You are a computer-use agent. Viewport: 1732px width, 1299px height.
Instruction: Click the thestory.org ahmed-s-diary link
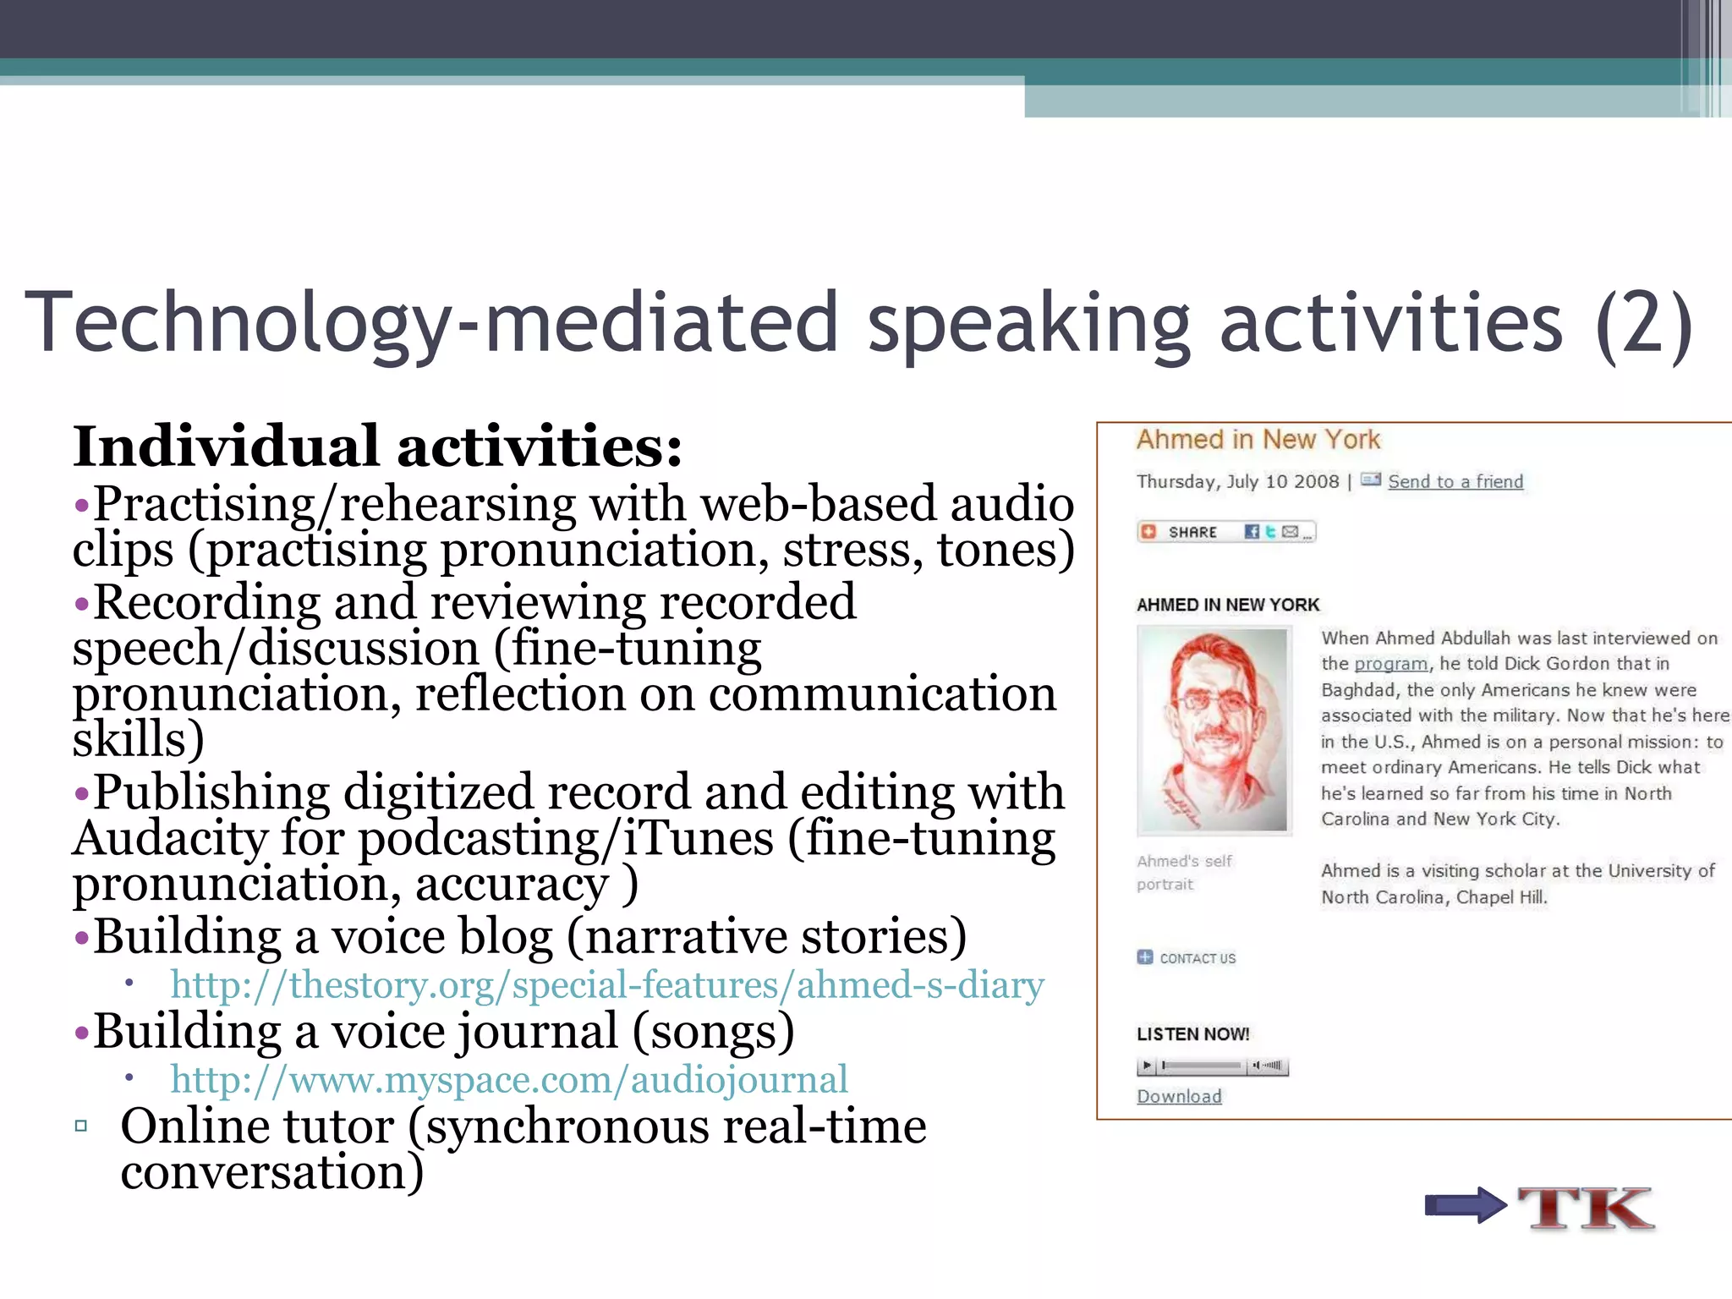[x=607, y=986]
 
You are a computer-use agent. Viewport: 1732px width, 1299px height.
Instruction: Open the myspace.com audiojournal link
[x=509, y=1080]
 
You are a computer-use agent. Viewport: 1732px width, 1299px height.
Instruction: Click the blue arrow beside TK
[x=1465, y=1205]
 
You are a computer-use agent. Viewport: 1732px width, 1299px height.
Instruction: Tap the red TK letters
[x=1586, y=1208]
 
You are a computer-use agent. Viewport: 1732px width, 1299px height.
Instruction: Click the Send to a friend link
[x=1455, y=482]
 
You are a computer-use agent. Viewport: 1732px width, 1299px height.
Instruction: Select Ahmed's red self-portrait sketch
[x=1214, y=731]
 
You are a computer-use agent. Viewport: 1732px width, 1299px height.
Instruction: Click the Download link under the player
[x=1179, y=1097]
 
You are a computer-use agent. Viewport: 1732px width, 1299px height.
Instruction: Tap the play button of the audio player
[x=1147, y=1066]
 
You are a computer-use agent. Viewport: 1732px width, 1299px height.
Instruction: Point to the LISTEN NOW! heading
[x=1192, y=1034]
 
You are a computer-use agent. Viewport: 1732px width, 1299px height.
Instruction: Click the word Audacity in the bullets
[x=171, y=839]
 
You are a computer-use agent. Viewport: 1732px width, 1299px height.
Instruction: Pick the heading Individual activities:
[x=377, y=447]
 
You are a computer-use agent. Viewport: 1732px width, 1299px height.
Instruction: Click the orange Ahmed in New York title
[x=1258, y=440]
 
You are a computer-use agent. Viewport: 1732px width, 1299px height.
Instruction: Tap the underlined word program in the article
[x=1390, y=664]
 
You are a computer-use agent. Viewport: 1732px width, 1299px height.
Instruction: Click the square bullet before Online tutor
[x=81, y=1126]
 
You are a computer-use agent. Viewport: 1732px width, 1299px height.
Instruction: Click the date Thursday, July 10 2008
[x=1237, y=482]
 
